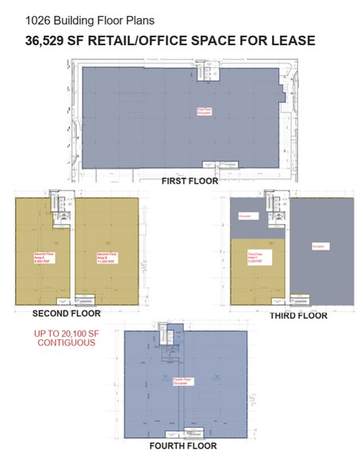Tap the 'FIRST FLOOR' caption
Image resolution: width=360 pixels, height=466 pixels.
[190, 181]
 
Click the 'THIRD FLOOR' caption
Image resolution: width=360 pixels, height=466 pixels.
[297, 315]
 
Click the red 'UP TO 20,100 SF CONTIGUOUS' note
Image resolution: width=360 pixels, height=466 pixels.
[64, 338]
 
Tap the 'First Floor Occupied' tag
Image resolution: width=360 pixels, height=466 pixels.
[204, 112]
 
